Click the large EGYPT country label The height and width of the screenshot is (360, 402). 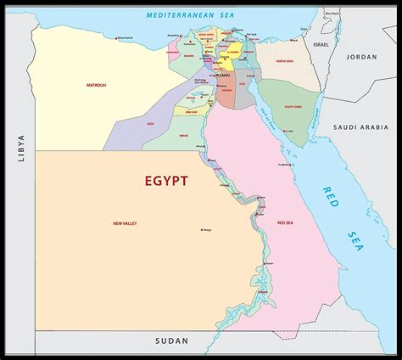154,181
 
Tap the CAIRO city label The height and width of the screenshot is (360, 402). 224,75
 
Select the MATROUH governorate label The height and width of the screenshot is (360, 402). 96,85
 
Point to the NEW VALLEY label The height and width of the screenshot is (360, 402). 126,223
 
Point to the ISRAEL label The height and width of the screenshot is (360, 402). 321,43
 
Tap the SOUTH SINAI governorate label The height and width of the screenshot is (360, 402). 293,106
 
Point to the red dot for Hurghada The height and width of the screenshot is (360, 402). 283,161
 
